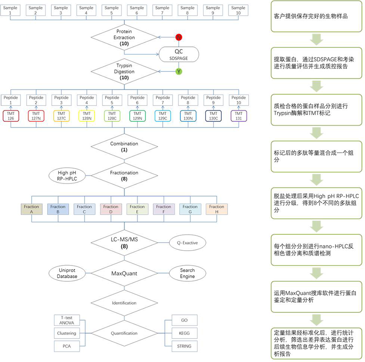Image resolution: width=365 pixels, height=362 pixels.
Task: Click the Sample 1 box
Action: [x=10, y=10]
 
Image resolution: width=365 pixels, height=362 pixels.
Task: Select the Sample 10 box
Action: [x=238, y=10]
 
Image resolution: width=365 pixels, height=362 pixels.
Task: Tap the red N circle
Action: [x=178, y=37]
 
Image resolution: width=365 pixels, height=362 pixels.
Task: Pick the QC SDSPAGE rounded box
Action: [x=178, y=54]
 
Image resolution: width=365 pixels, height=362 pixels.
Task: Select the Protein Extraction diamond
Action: [x=124, y=37]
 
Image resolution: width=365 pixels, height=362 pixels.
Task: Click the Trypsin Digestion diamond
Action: [x=124, y=71]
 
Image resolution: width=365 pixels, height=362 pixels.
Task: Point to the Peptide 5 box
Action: [x=111, y=100]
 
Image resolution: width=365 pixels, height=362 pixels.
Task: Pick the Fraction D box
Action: [x=111, y=209]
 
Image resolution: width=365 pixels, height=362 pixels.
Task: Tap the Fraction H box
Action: [x=214, y=209]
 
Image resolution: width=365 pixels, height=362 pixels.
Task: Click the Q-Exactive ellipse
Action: [x=187, y=243]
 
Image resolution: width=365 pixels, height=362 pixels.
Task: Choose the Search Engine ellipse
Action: [x=187, y=273]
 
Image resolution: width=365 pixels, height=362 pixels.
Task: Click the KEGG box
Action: [x=184, y=334]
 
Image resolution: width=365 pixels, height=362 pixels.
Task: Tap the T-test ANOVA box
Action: [x=66, y=321]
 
